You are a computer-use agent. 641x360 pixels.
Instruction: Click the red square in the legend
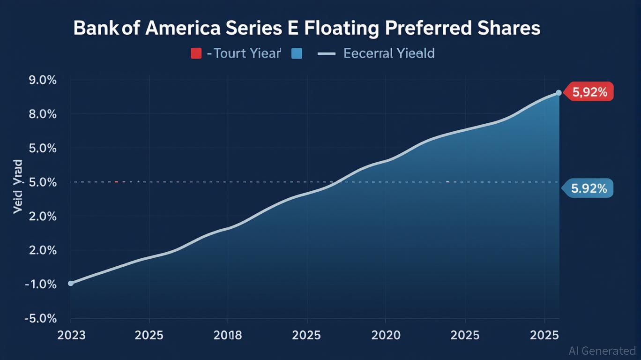pyautogui.click(x=196, y=53)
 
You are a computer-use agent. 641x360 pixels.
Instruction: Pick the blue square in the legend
pyautogui.click(x=296, y=53)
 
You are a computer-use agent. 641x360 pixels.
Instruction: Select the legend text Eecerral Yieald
pyautogui.click(x=389, y=53)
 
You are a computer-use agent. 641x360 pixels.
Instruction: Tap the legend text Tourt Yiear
pyautogui.click(x=245, y=53)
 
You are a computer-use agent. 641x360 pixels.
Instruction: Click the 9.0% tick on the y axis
pyautogui.click(x=43, y=80)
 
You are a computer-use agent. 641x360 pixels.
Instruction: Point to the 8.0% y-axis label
pyautogui.click(x=43, y=114)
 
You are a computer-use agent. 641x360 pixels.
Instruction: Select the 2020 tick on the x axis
pyautogui.click(x=386, y=336)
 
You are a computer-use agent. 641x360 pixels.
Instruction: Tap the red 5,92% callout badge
pyautogui.click(x=589, y=93)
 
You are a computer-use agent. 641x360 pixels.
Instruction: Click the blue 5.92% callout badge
pyautogui.click(x=589, y=189)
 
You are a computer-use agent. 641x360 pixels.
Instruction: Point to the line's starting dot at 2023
pyautogui.click(x=71, y=283)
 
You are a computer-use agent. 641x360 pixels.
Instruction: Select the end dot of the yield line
pyautogui.click(x=559, y=93)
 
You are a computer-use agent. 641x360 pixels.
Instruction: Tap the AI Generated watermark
pyautogui.click(x=602, y=351)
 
